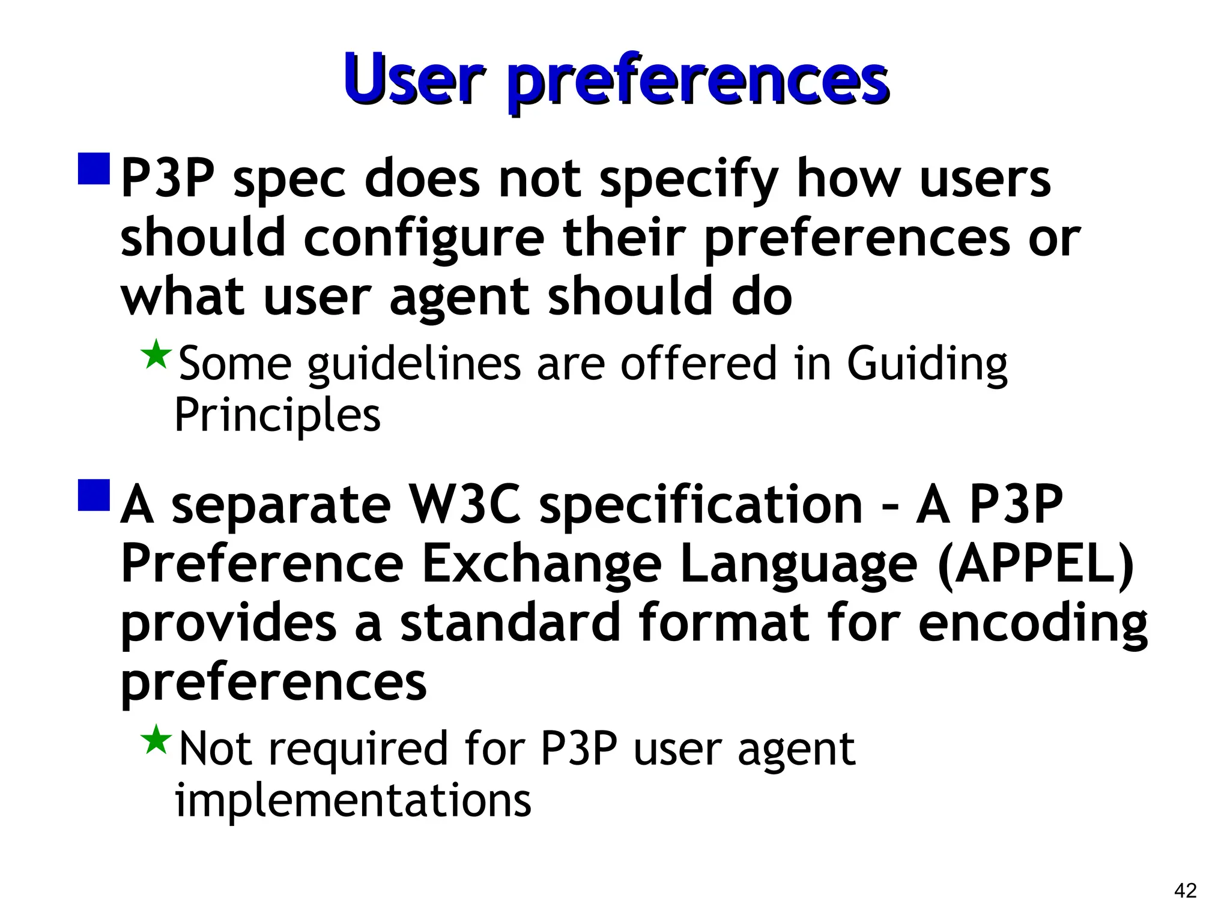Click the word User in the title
tap(413, 79)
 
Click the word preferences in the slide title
tap(697, 82)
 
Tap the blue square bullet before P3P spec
tap(94, 169)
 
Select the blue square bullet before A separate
tap(94, 495)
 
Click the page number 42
tap(1185, 890)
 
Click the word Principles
tap(277, 415)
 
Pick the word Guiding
tap(927, 364)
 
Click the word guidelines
tap(414, 364)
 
